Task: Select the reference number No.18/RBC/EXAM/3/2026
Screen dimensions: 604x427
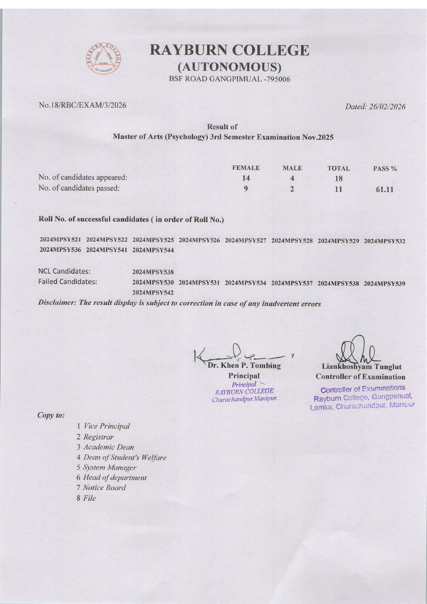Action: pos(83,105)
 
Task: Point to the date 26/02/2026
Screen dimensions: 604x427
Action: pos(390,107)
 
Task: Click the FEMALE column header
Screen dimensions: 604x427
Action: pos(246,168)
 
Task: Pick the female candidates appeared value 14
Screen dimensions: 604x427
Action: pos(246,179)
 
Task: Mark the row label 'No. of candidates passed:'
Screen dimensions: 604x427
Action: pos(78,189)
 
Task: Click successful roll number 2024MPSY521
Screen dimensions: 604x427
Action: pos(60,241)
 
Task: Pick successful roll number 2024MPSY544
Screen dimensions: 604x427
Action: pos(153,250)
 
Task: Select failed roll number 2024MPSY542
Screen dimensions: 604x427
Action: pos(153,292)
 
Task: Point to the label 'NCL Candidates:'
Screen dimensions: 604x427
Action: pos(64,271)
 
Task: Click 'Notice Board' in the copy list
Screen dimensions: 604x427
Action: pos(105,488)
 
